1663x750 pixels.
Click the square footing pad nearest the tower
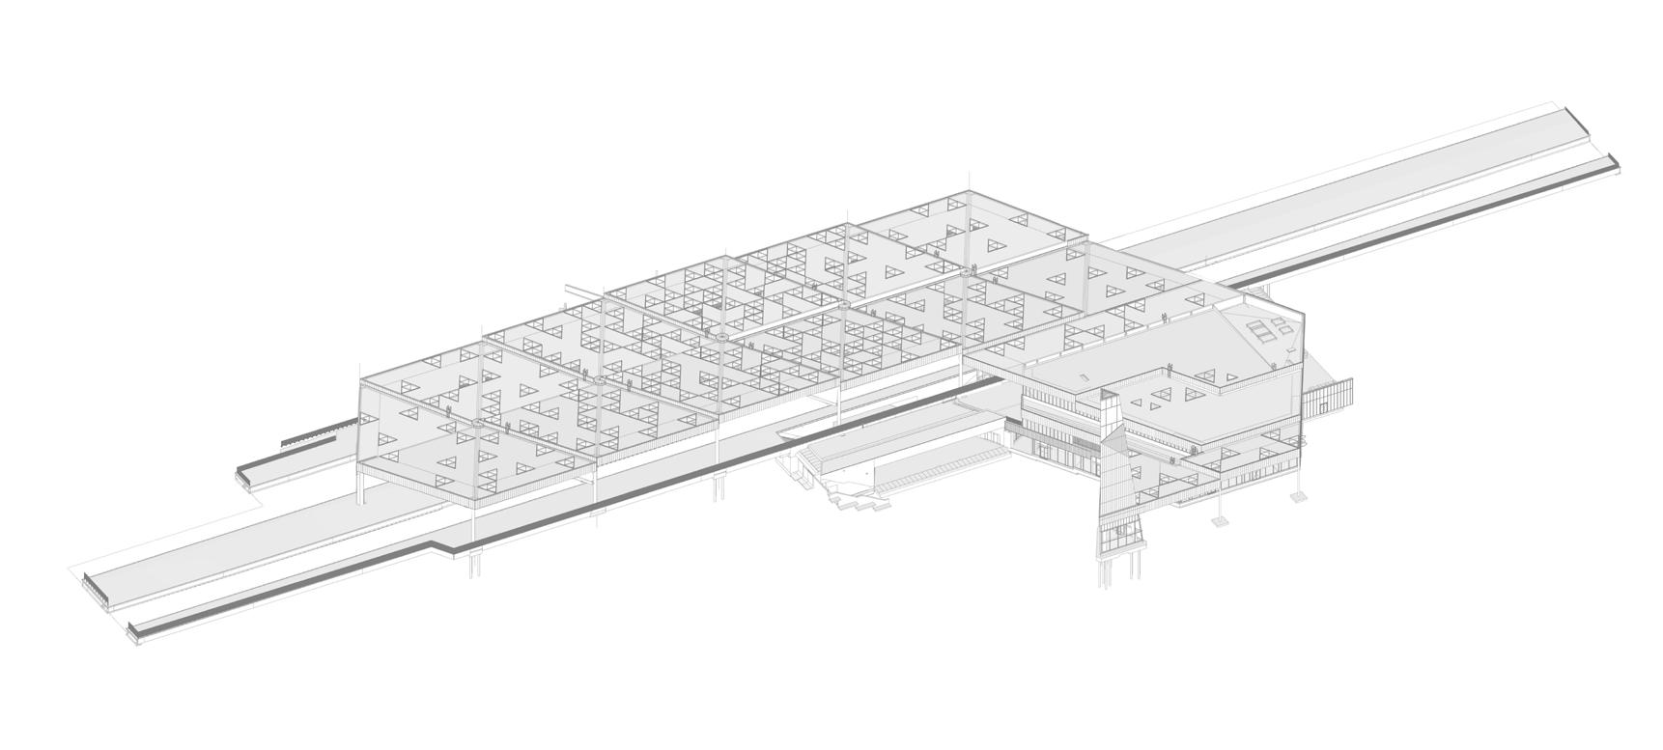pyautogui.click(x=1219, y=521)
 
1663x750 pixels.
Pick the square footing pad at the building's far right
pyautogui.click(x=1299, y=497)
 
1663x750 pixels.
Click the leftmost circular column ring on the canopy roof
pyautogui.click(x=476, y=422)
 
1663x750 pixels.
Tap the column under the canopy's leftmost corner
pyautogui.click(x=363, y=488)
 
